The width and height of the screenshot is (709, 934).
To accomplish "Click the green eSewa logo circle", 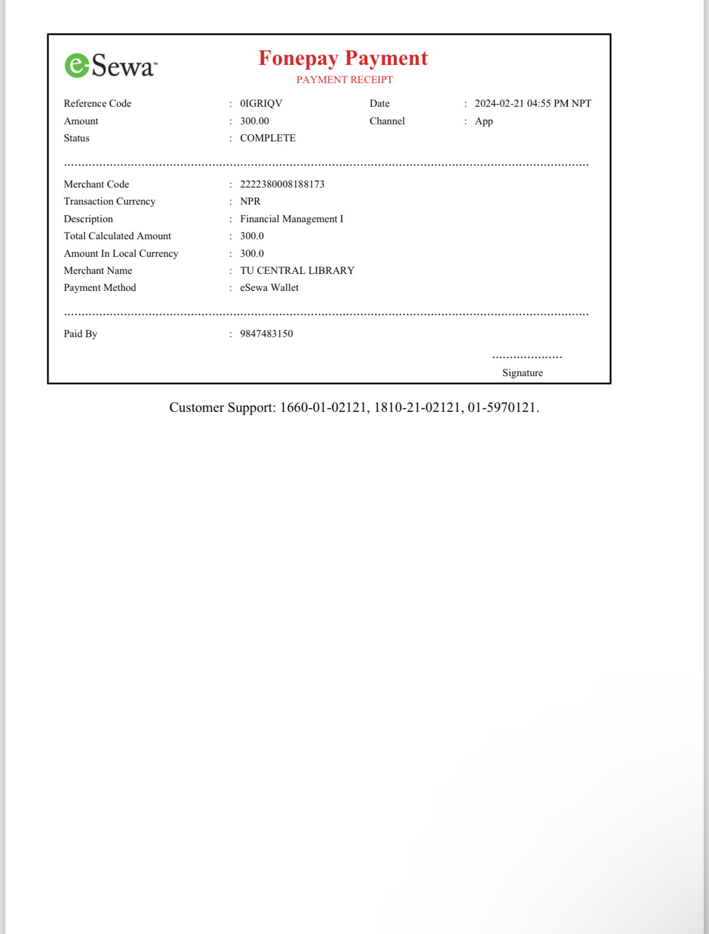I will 77,65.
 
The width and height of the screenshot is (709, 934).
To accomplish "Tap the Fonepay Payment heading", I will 343,58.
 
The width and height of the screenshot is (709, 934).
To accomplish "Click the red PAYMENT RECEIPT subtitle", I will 345,80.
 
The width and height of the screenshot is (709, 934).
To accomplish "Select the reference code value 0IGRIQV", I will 261,103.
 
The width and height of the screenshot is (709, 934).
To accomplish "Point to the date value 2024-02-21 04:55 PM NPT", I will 533,103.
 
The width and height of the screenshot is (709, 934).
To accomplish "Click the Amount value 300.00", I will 254,121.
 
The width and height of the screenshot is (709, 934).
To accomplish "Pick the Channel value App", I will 484,121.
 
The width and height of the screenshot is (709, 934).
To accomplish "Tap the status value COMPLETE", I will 268,138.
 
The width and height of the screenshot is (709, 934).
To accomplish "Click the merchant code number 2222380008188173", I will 282,184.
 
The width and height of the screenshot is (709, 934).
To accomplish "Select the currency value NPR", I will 250,201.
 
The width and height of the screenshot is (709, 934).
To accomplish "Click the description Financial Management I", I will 291,219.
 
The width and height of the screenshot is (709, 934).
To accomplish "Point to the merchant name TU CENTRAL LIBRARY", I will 297,270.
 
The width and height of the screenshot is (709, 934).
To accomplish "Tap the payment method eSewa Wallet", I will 269,288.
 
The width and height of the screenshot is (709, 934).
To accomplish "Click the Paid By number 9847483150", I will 267,334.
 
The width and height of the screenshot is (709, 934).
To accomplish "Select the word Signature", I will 522,373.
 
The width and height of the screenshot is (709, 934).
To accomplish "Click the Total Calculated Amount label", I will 117,236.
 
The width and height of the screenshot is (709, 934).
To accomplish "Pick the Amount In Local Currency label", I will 121,253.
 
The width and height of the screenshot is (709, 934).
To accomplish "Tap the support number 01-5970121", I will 501,407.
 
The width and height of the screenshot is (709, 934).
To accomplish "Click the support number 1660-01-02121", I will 323,407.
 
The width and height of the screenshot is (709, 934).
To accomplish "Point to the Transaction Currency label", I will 109,201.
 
